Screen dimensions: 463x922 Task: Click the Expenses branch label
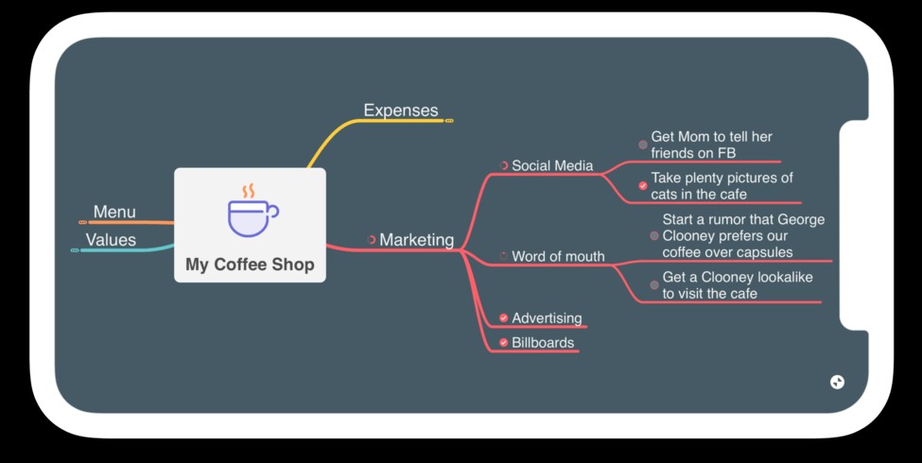[401, 111]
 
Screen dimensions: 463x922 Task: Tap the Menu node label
[114, 212]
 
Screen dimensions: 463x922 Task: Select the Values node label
[111, 240]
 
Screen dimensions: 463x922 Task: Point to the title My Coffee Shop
[250, 265]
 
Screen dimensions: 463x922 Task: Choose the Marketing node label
[416, 240]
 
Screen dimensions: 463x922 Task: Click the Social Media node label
[552, 165]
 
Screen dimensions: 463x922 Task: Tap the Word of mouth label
[558, 256]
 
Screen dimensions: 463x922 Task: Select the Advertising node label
[547, 318]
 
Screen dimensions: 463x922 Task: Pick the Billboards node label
[543, 343]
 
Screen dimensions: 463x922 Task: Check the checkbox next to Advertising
[504, 318]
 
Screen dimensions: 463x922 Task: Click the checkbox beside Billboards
[504, 343]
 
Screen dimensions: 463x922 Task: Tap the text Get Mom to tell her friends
[711, 145]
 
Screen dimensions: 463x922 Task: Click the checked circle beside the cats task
[643, 186]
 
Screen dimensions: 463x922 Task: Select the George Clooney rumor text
[743, 235]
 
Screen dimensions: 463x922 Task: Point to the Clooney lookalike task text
[737, 285]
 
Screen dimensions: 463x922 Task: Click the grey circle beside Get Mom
[643, 145]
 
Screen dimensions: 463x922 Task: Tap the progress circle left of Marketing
[372, 240]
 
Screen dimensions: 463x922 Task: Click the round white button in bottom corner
[837, 382]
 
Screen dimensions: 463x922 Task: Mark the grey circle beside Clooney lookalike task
[654, 285]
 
